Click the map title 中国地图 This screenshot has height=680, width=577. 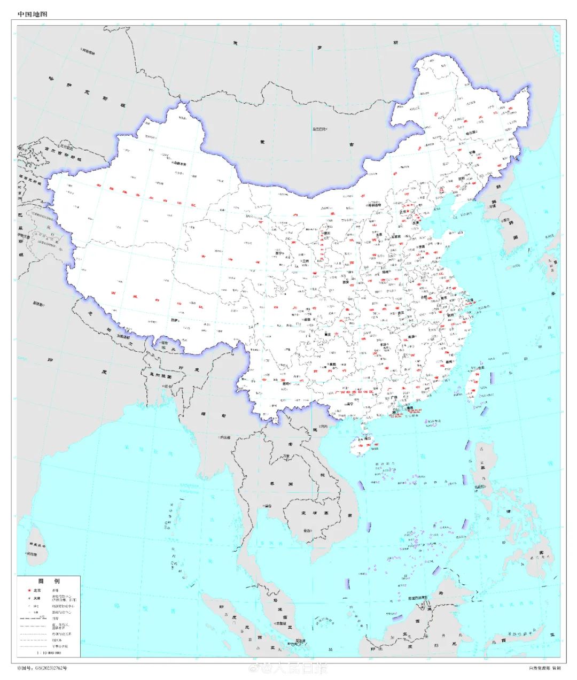click(33, 14)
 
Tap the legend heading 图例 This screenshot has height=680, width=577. click(49, 581)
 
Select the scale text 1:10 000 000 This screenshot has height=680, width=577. click(49, 653)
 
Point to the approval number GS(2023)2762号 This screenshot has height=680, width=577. click(43, 668)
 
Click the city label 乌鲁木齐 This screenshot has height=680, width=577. click(180, 165)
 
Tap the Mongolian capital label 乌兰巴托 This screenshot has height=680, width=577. click(319, 129)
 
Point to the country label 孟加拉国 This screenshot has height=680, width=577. click(160, 376)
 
